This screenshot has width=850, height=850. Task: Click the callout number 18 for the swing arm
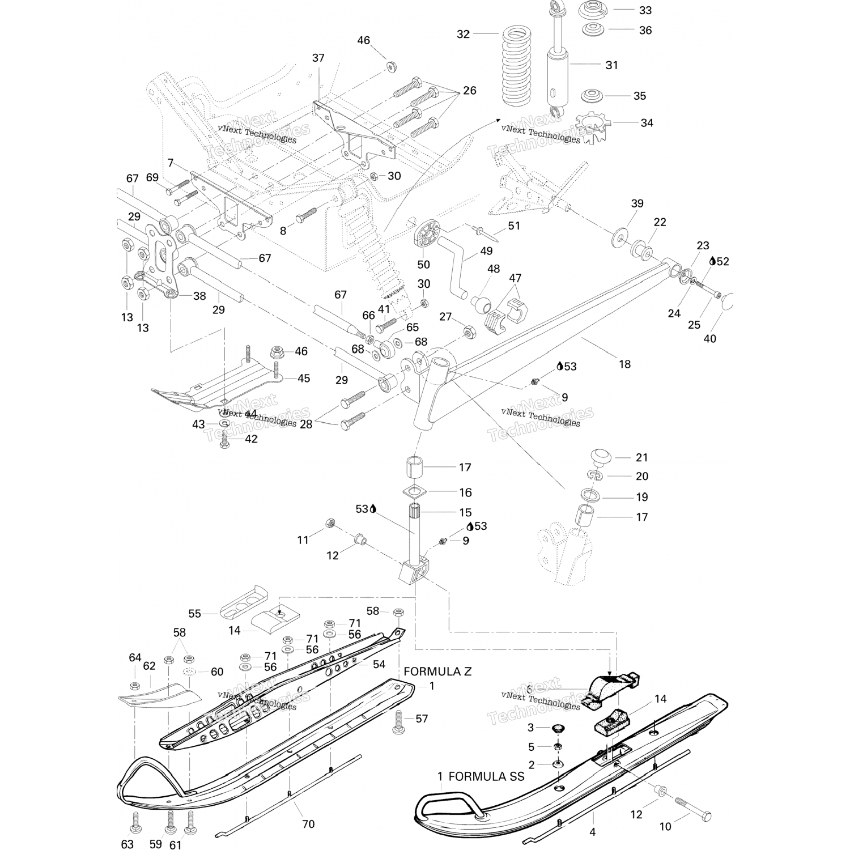[x=624, y=364]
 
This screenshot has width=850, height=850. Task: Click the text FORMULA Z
[x=437, y=671]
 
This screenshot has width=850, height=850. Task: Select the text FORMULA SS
[x=486, y=776]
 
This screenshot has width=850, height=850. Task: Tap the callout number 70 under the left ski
[x=308, y=824]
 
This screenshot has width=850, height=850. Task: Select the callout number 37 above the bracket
[x=318, y=58]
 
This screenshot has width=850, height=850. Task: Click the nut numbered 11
[x=329, y=523]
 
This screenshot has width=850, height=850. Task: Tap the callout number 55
[x=195, y=614]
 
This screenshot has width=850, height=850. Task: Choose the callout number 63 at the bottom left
[x=127, y=844]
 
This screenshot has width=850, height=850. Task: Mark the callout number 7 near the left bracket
[x=171, y=163]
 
